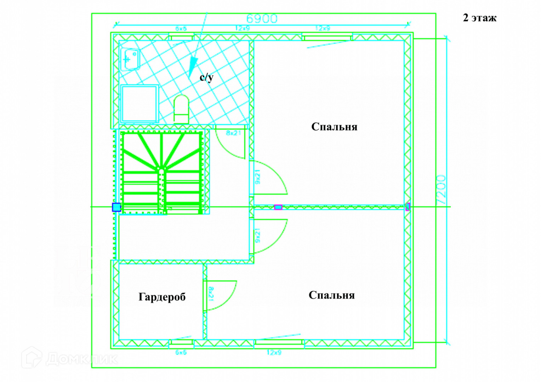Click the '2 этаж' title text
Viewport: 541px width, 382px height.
click(x=479, y=18)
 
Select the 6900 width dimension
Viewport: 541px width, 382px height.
click(x=262, y=19)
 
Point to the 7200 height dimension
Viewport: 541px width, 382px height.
click(x=442, y=189)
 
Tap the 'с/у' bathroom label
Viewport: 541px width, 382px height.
click(x=206, y=77)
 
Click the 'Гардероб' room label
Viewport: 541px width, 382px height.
click(x=162, y=297)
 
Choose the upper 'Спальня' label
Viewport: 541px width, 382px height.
click(x=334, y=127)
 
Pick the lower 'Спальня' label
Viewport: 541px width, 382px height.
click(x=331, y=295)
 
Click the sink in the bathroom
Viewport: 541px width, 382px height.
click(x=130, y=59)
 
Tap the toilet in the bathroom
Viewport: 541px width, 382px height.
click(x=181, y=109)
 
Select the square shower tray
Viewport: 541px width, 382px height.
click(x=139, y=103)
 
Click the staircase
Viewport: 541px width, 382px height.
click(x=162, y=172)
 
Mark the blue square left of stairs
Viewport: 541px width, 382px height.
click(x=116, y=207)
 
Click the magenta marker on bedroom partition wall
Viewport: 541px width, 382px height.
click(x=278, y=207)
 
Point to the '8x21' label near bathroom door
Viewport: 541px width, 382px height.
click(x=233, y=133)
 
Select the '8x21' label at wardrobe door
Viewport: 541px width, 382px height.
click(x=211, y=294)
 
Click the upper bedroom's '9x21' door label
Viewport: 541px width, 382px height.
click(x=258, y=176)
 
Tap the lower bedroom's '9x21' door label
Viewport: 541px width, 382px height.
click(x=258, y=236)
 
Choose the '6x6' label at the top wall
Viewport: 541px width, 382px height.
click(x=181, y=29)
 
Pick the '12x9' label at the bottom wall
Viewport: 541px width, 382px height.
click(x=274, y=352)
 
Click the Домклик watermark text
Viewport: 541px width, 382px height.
click(x=81, y=359)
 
